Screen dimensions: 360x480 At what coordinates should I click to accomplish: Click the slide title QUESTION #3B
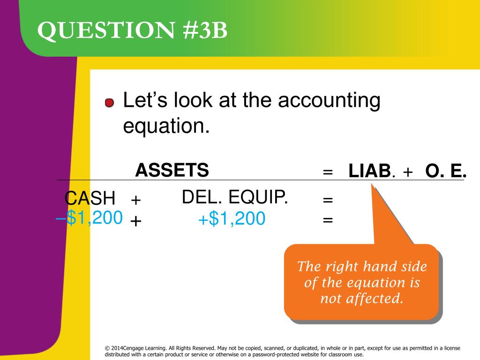pos(133,31)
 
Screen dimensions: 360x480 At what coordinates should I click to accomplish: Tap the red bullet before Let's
pos(109,103)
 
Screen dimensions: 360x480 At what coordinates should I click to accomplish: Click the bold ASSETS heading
pos(172,170)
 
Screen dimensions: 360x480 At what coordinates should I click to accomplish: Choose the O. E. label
pos(446,172)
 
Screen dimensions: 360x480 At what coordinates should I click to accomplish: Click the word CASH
pos(90,199)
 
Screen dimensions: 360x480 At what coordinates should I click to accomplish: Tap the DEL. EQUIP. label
pos(235,198)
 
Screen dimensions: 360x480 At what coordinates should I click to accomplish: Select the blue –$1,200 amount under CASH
pos(89,217)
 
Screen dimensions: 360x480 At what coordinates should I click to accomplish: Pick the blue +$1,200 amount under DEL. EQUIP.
pos(232,218)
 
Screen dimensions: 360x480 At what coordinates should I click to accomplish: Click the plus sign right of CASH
pos(136,200)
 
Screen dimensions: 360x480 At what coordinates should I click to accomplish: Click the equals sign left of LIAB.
pos(328,172)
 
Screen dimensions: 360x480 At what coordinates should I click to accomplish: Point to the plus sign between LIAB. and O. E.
pos(407,172)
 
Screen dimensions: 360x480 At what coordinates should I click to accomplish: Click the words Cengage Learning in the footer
pos(147,348)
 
